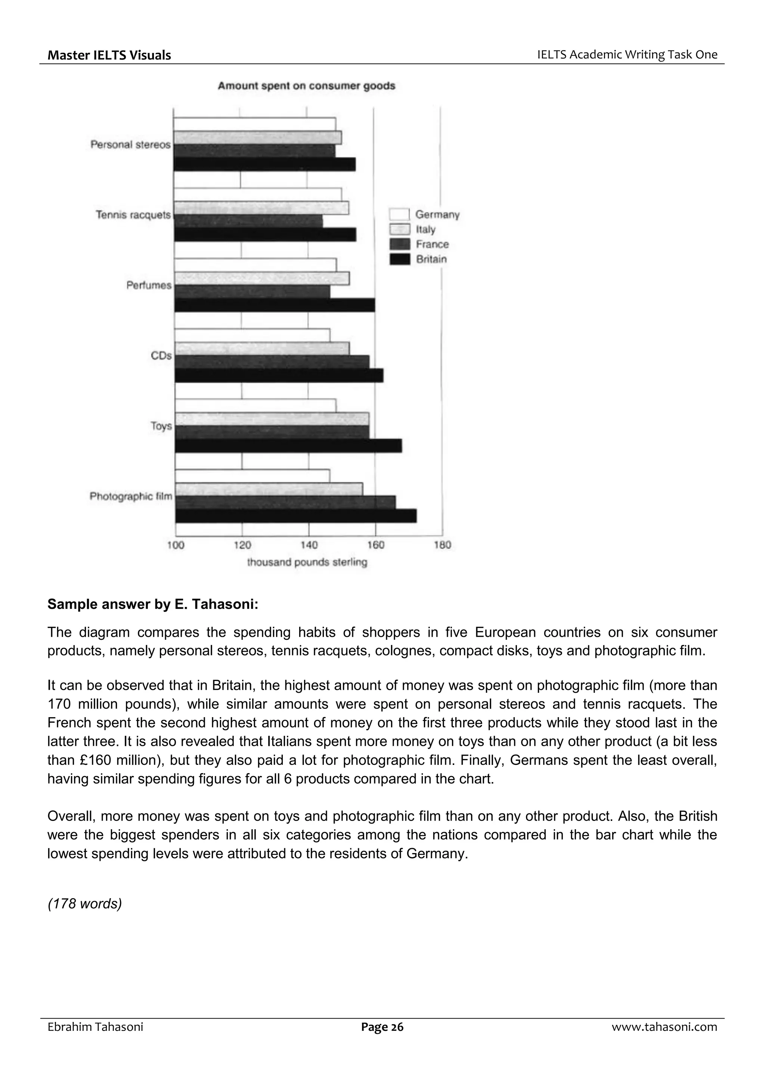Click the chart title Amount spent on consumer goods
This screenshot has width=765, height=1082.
[x=306, y=86]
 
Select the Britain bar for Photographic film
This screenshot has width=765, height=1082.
[x=295, y=516]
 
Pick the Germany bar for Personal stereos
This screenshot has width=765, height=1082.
[x=254, y=124]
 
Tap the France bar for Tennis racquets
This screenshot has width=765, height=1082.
[x=248, y=221]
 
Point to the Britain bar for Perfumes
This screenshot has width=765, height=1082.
[x=275, y=305]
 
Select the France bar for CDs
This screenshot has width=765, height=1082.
[x=272, y=362]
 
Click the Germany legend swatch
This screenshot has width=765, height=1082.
[x=399, y=214]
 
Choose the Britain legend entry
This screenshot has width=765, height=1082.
[x=431, y=259]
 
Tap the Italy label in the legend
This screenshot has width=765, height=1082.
[x=425, y=229]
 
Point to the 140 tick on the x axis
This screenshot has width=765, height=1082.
[x=309, y=545]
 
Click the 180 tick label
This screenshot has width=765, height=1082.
[x=442, y=545]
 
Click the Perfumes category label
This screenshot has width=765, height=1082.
[x=149, y=286]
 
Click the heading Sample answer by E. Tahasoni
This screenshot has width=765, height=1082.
[x=153, y=605]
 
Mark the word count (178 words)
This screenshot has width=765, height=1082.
[x=85, y=904]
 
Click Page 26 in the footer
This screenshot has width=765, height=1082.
[x=382, y=1027]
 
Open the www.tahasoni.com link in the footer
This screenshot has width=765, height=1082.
[x=664, y=1027]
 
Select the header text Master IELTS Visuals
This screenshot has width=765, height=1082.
[x=109, y=55]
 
